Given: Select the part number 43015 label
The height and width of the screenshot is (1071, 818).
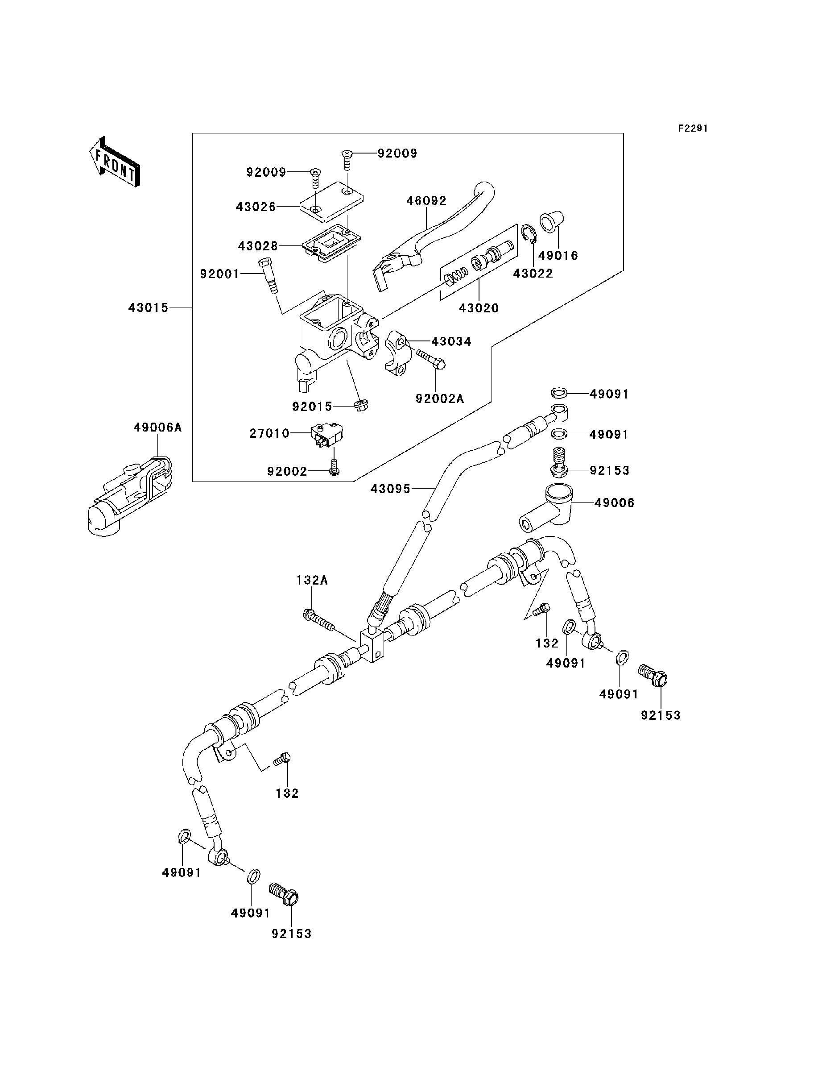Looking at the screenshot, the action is coord(149,308).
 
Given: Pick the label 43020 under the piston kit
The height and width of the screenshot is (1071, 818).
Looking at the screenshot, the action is coord(479,308).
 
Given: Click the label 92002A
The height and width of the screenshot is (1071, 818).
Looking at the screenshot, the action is coord(440,399).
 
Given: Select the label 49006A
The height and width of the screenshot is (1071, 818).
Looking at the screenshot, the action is coord(158,428).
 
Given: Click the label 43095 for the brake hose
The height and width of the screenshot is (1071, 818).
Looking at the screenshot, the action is coord(391,488).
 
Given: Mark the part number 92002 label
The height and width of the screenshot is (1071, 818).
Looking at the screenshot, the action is coord(287,471).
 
